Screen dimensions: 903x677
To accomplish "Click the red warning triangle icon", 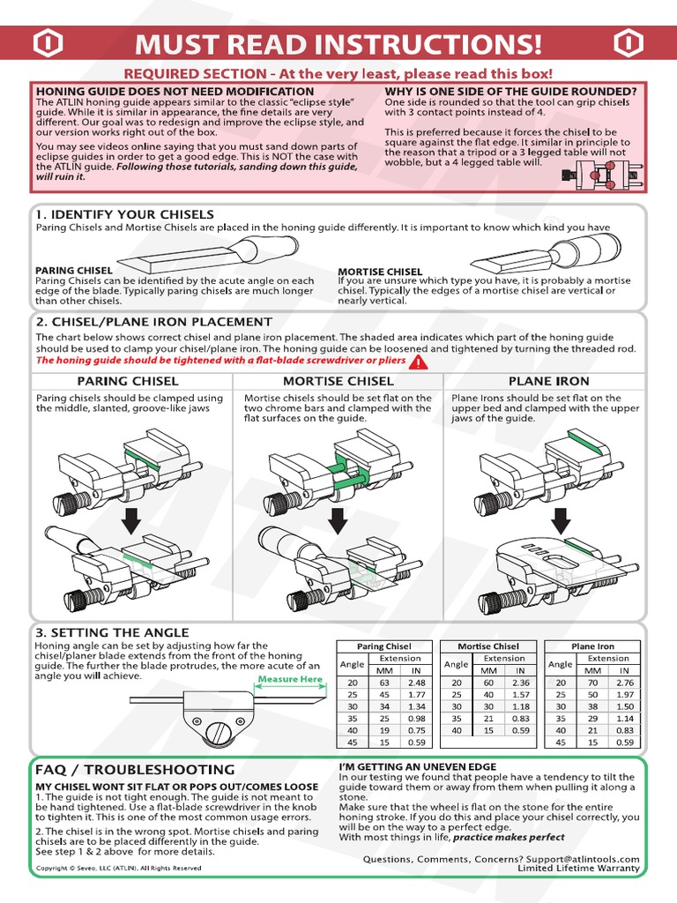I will tap(418, 361).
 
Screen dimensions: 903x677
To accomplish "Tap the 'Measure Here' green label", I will tap(289, 680).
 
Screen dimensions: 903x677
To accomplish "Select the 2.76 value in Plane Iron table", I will tap(625, 682).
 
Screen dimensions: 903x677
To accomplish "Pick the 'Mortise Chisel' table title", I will tap(487, 646).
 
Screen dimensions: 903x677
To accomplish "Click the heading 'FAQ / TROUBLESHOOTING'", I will tap(135, 769).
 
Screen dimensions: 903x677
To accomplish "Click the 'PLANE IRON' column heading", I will tap(548, 381).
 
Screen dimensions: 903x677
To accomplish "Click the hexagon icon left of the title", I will tap(48, 43).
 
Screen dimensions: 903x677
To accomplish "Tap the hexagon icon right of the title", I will tap(628, 43).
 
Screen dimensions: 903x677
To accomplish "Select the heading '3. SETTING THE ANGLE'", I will tap(112, 632).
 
